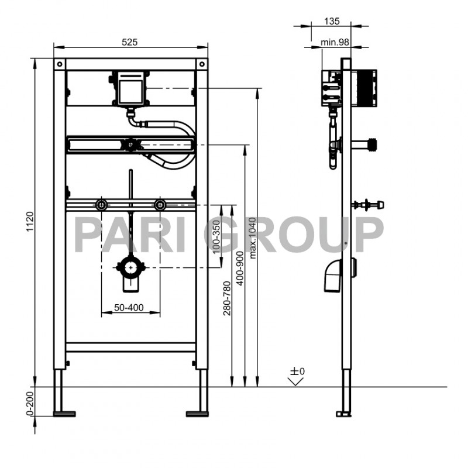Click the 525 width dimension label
click(129, 42)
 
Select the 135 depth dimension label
click(332, 21)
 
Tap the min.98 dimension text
click(335, 42)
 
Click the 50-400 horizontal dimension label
click(130, 307)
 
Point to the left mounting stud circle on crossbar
click(102, 205)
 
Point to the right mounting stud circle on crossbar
click(159, 205)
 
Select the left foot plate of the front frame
click(64, 414)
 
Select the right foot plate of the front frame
click(197, 414)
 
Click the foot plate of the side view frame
click(343, 414)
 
